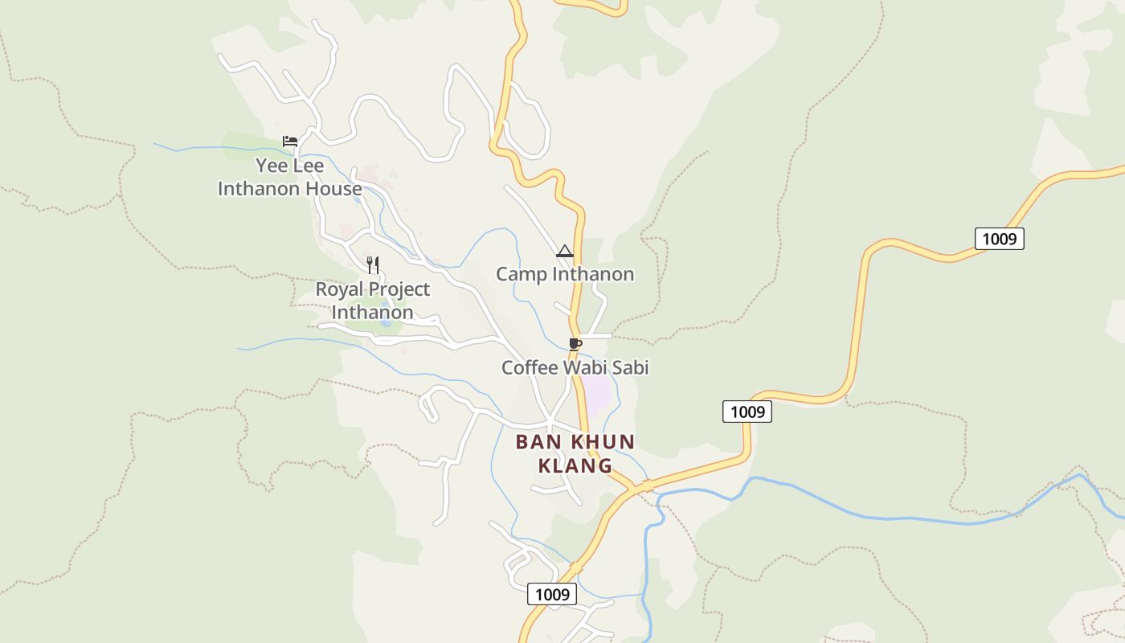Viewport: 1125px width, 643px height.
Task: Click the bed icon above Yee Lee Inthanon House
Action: click(290, 141)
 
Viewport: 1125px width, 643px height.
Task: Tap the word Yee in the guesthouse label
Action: click(272, 166)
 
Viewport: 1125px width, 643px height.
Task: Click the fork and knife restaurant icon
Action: click(373, 264)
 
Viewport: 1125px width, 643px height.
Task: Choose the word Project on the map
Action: click(399, 289)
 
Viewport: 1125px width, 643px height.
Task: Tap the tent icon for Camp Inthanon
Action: click(564, 251)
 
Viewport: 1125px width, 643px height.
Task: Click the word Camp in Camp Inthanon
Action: click(520, 274)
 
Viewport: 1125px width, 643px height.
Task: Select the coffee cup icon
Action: click(575, 344)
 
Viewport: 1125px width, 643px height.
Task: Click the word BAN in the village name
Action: click(537, 442)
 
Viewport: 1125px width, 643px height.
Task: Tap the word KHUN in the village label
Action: click(603, 442)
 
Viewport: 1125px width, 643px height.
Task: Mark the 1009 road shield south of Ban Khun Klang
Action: click(552, 594)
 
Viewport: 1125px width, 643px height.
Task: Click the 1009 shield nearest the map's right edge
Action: click(999, 239)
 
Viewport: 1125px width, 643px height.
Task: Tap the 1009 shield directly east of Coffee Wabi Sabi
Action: click(747, 412)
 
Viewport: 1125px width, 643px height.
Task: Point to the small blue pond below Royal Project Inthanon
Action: click(387, 323)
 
